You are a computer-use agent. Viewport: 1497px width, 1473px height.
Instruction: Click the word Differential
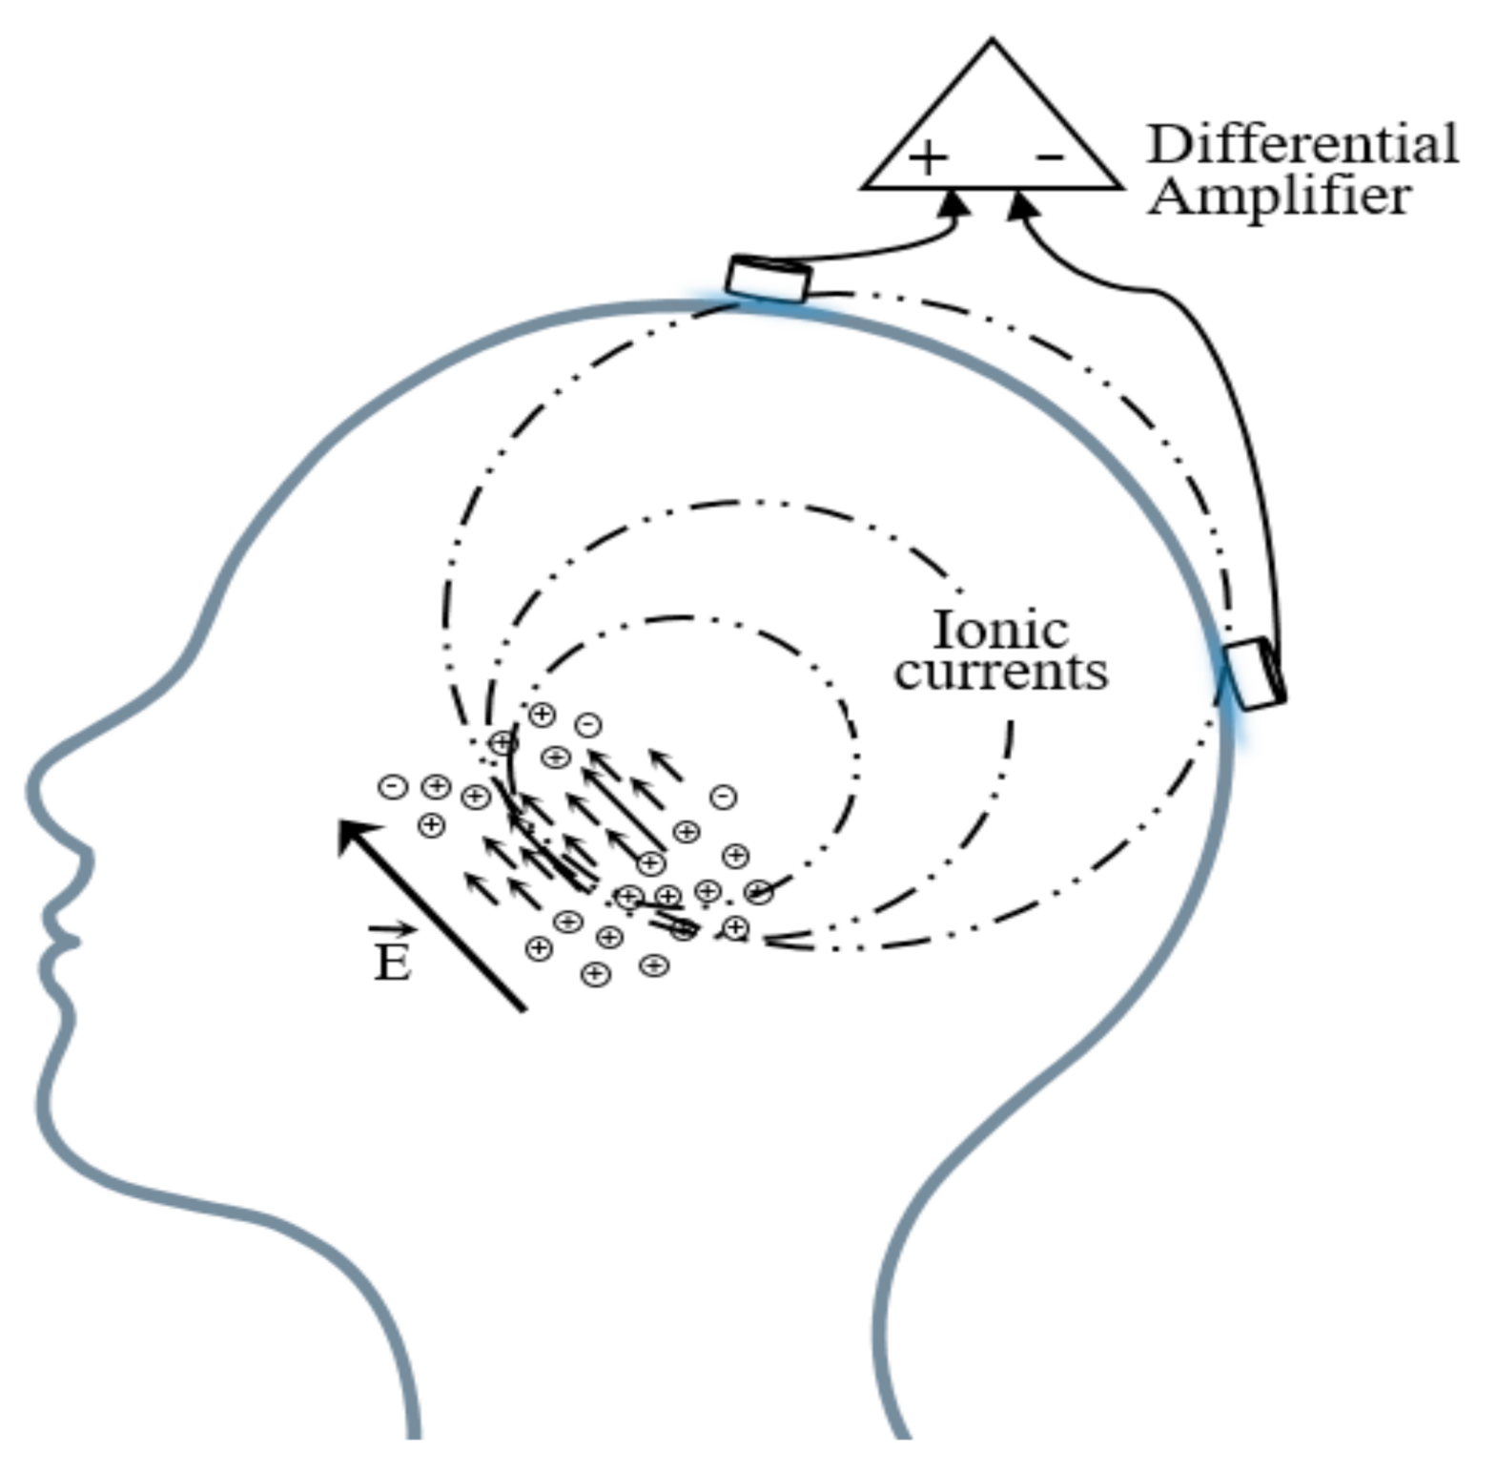(1302, 144)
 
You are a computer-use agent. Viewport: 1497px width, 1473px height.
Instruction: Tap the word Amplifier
(1279, 197)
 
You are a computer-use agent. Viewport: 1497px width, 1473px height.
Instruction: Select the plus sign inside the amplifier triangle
(927, 157)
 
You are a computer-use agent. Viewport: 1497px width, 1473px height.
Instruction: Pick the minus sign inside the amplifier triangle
(1049, 156)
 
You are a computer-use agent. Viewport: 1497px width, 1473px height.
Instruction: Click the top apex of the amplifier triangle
(992, 42)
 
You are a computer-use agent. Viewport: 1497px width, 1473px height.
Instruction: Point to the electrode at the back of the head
(1253, 674)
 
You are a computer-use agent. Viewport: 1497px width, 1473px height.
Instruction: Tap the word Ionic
(999, 630)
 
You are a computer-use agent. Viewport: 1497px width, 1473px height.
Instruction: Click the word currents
(1001, 672)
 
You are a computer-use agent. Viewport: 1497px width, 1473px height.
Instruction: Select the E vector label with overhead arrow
(392, 956)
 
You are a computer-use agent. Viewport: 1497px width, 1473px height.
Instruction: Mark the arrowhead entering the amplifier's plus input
(954, 202)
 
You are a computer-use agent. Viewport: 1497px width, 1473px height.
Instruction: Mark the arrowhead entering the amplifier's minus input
(1021, 203)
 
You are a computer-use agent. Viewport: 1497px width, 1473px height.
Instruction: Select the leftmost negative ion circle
(393, 786)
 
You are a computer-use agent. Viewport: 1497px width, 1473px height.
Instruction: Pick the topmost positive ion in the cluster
(542, 714)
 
